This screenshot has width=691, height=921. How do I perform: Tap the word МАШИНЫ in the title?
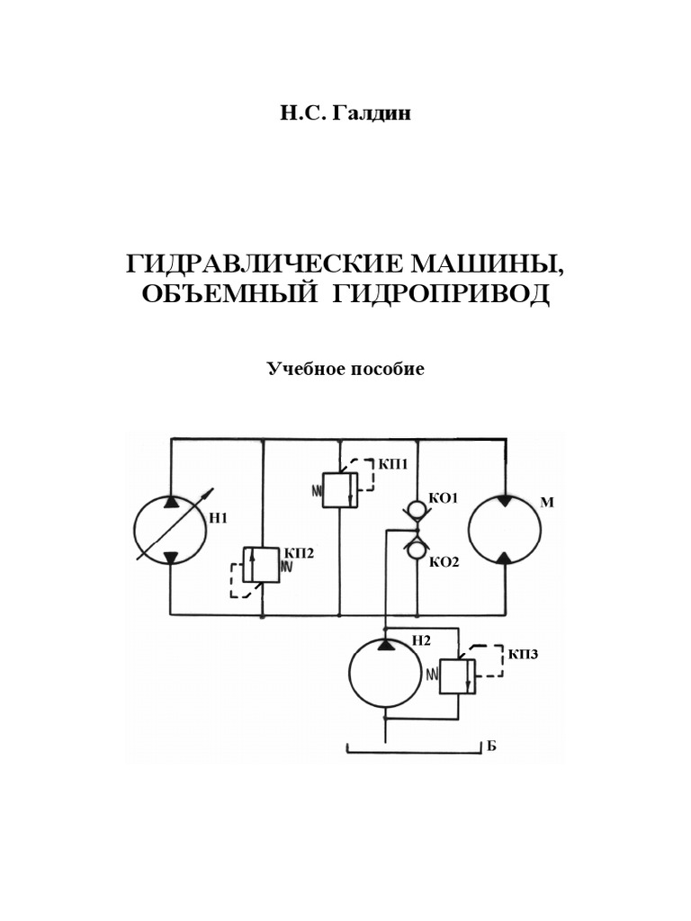click(x=489, y=264)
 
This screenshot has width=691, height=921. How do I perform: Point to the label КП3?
click(x=522, y=654)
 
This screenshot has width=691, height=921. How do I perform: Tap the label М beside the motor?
click(x=545, y=504)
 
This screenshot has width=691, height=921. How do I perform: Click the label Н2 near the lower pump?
click(x=422, y=640)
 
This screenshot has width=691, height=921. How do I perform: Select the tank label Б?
click(x=491, y=747)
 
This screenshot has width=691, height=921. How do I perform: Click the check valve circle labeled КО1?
click(x=417, y=509)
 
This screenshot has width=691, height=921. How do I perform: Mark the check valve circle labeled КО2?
click(x=417, y=549)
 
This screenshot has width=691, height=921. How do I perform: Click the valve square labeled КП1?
click(x=340, y=487)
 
